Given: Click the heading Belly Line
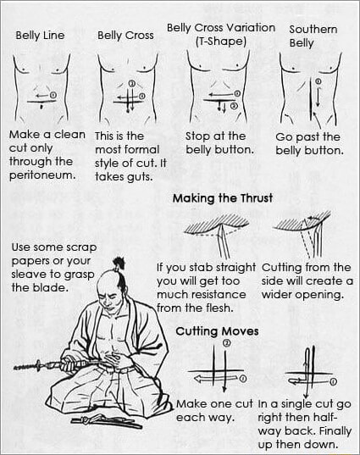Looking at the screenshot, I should coord(41,36).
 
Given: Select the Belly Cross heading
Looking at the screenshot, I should coord(125,36).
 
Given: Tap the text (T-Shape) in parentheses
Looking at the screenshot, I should coord(220,41).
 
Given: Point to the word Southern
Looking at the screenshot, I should coord(313,29).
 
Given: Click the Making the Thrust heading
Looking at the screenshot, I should coord(221,198).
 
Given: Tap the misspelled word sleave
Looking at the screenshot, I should coord(29,275).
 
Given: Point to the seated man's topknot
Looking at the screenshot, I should coord(119,264).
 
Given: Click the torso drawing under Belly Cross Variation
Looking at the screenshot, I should coord(219,89).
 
